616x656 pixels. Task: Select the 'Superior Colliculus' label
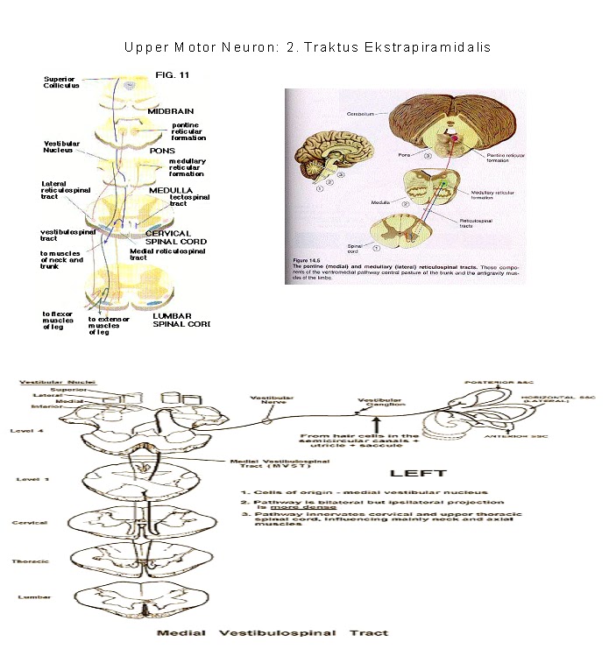point(62,82)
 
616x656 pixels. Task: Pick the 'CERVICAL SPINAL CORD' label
point(169,238)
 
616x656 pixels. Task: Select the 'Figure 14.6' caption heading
point(303,261)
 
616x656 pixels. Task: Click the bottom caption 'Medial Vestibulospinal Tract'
point(273,631)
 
